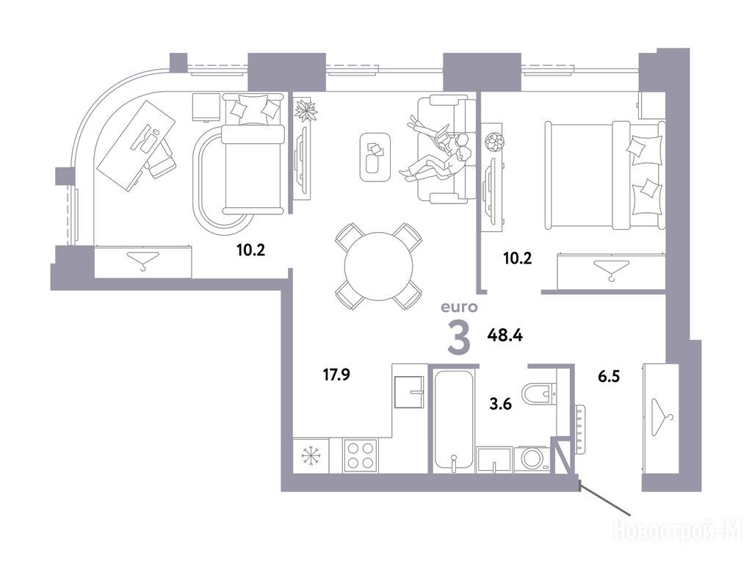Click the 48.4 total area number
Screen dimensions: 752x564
505,335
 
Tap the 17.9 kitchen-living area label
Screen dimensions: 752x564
336,374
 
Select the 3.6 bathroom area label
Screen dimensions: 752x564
500,404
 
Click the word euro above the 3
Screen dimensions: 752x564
460,306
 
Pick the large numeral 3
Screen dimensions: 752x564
459,337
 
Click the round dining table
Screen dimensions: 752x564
379,267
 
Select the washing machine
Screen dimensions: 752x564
532,459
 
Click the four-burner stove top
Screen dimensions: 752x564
361,455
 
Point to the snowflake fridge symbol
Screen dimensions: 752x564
311,455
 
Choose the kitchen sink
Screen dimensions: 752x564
409,392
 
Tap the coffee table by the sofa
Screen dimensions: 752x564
375,157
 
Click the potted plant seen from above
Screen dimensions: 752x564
306,111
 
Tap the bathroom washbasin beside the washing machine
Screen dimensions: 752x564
494,460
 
